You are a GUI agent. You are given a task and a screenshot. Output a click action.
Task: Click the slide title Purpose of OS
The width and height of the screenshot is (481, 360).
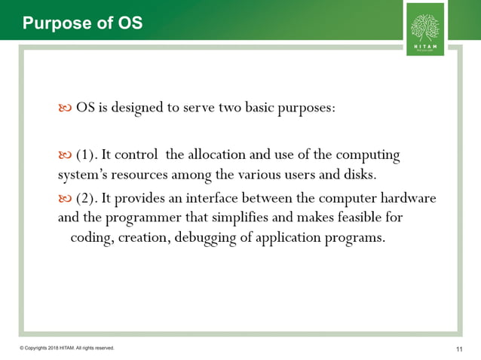(x=82, y=23)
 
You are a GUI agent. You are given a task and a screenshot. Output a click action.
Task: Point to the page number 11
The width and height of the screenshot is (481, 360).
(x=460, y=349)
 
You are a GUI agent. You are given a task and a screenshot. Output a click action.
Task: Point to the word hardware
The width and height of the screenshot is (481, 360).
(x=409, y=198)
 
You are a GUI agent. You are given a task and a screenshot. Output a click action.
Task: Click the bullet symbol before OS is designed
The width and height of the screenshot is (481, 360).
(x=65, y=108)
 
